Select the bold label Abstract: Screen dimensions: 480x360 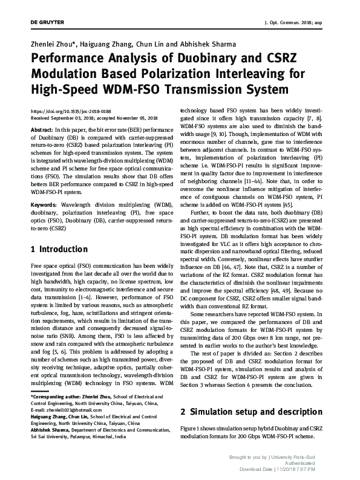41,129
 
